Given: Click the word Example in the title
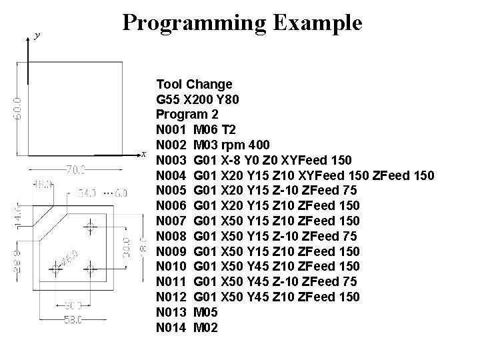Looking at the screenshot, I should [x=318, y=23].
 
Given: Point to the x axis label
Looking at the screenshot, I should [x=143, y=155].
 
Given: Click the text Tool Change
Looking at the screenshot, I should [x=194, y=85].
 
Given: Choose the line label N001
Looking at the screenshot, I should [x=170, y=129].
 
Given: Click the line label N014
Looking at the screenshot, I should [x=170, y=328].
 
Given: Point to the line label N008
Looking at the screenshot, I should [x=170, y=236].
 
